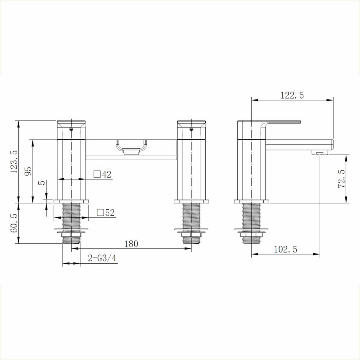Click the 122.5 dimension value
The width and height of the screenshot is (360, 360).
click(x=292, y=95)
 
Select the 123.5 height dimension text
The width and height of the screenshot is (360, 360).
click(x=14, y=162)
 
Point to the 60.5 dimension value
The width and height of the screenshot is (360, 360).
click(x=14, y=223)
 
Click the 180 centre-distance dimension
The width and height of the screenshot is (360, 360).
click(x=131, y=244)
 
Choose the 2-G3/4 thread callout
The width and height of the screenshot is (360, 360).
click(x=102, y=258)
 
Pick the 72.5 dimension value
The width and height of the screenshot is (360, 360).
click(x=341, y=179)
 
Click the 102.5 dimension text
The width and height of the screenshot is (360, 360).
click(x=285, y=249)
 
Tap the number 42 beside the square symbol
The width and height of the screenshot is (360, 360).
click(x=107, y=174)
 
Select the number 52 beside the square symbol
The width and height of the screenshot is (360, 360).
click(x=110, y=213)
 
